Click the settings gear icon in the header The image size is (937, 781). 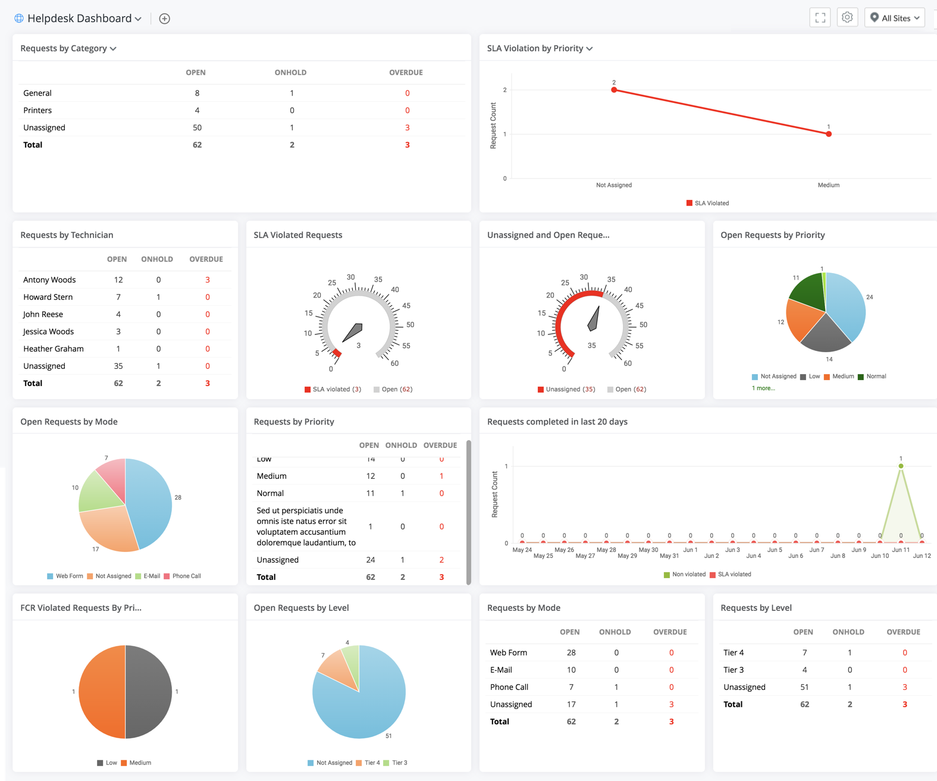847,18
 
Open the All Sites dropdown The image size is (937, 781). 894,18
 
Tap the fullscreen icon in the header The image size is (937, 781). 820,18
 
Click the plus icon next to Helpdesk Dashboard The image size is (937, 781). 165,18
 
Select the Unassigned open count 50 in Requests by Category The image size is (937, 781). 197,127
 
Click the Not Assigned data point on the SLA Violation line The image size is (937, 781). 614,90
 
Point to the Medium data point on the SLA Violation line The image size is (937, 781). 828,134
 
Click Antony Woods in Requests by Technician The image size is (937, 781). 49,280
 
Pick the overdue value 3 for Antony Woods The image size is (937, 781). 207,280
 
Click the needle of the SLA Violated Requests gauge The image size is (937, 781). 352,333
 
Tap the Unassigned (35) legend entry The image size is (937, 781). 566,389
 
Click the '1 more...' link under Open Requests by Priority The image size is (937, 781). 763,388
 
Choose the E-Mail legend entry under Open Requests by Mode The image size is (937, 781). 148,576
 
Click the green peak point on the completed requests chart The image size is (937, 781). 901,466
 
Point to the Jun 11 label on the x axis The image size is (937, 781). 901,550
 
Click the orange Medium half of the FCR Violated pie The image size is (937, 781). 102,692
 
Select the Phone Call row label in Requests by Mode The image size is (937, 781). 509,687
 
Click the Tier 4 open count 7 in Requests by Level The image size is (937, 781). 804,653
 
